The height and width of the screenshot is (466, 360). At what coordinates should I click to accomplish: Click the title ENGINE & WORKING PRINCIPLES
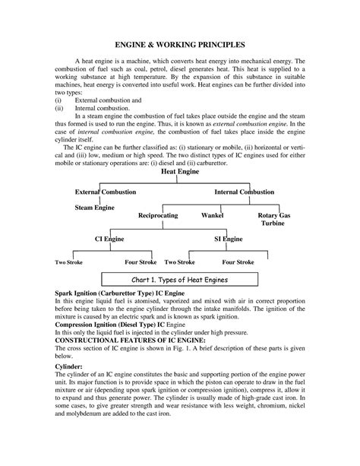click(180, 46)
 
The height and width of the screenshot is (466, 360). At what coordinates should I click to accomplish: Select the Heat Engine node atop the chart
click(180, 173)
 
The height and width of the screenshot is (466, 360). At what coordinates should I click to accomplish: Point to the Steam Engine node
click(94, 206)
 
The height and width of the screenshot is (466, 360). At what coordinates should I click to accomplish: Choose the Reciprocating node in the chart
click(157, 216)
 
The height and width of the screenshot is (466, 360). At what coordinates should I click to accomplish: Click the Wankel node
click(212, 216)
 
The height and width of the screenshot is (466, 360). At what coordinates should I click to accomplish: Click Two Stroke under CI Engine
click(70, 262)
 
